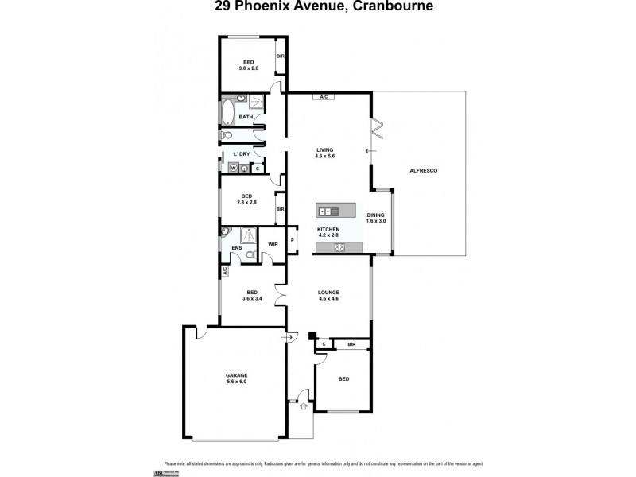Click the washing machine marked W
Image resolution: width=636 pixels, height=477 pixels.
click(234, 168)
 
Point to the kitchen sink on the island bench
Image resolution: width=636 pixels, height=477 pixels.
click(328, 211)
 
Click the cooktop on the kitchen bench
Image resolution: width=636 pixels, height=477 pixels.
click(340, 248)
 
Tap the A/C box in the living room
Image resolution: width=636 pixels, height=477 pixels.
click(324, 97)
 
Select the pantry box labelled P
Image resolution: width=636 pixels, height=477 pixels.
click(292, 240)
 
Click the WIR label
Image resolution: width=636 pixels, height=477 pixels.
click(272, 244)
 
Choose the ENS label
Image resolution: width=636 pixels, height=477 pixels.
click(236, 248)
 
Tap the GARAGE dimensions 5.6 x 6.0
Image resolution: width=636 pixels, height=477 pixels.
click(236, 382)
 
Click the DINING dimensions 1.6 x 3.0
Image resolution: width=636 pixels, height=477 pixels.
click(376, 221)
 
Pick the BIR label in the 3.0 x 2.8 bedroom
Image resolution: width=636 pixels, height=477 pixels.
click(280, 56)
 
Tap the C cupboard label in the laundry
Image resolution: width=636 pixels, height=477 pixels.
click(256, 168)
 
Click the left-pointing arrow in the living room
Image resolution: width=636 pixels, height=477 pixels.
click(367, 150)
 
